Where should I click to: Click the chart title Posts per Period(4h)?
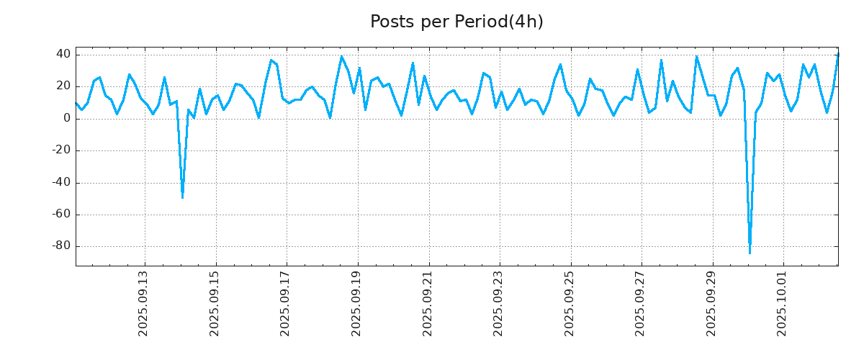(x=456, y=22)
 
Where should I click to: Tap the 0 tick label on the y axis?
(x=66, y=119)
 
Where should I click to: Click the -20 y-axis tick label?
(x=60, y=150)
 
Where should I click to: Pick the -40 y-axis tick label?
(x=60, y=182)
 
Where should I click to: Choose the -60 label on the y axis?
(x=60, y=215)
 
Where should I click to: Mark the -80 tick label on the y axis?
(x=60, y=246)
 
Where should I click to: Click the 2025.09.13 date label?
(x=143, y=303)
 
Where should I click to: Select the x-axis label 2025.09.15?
(x=215, y=303)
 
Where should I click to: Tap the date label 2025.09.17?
(x=285, y=303)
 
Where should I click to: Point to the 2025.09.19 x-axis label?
(x=356, y=303)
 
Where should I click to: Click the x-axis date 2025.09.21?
(x=428, y=303)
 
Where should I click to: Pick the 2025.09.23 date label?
(x=499, y=303)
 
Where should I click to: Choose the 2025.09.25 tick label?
(x=570, y=303)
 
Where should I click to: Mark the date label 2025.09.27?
(x=641, y=303)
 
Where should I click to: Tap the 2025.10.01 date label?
(x=783, y=303)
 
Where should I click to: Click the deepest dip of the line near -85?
(x=750, y=253)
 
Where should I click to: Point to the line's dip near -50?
(x=182, y=197)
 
